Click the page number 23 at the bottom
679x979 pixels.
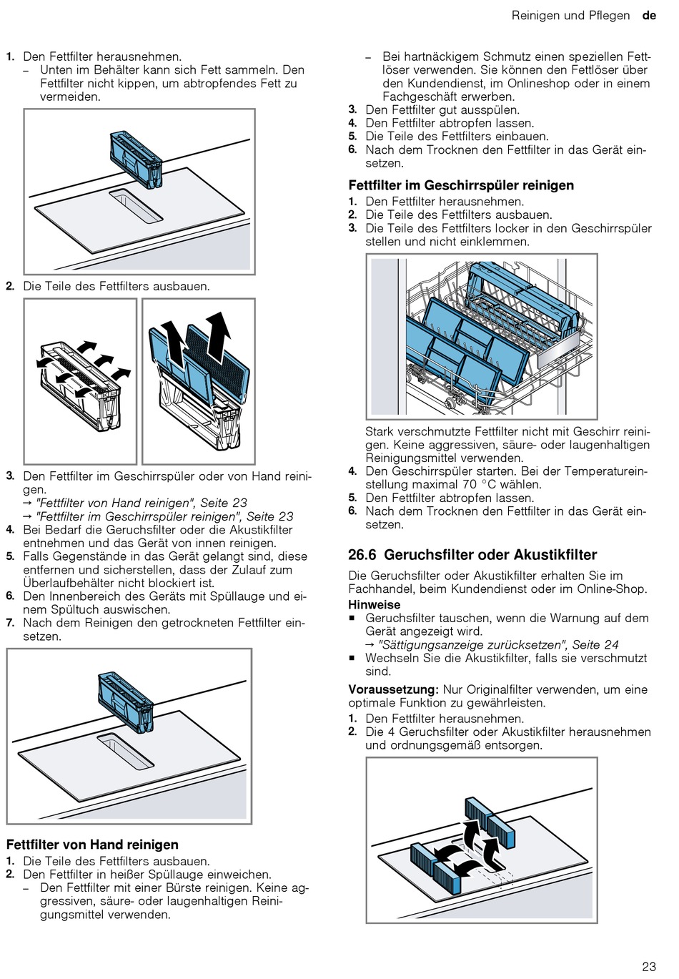(x=648, y=966)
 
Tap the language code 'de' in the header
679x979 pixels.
(x=649, y=15)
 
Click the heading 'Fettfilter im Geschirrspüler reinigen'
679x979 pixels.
(x=461, y=185)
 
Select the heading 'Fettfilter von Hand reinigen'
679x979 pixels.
(x=92, y=844)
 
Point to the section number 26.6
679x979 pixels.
(x=362, y=555)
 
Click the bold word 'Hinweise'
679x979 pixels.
(x=374, y=604)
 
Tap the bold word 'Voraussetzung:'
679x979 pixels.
(x=393, y=689)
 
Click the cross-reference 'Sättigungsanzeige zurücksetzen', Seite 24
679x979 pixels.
(x=498, y=644)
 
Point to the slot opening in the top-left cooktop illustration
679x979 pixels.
(x=136, y=206)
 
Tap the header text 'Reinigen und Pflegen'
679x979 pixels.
(x=570, y=15)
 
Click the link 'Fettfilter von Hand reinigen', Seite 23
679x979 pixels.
(x=141, y=503)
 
